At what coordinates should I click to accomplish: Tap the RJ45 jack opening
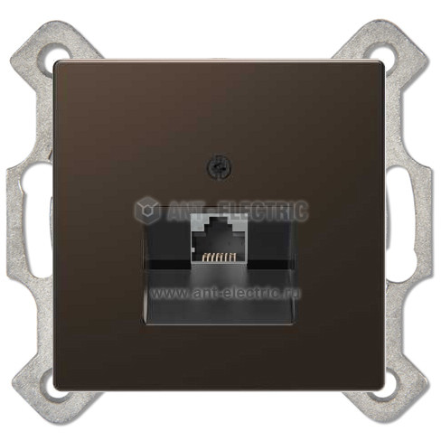[219, 241]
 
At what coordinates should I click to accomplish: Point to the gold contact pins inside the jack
[219, 258]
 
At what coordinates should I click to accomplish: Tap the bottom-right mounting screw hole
[385, 391]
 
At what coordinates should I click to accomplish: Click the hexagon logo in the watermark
[147, 210]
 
